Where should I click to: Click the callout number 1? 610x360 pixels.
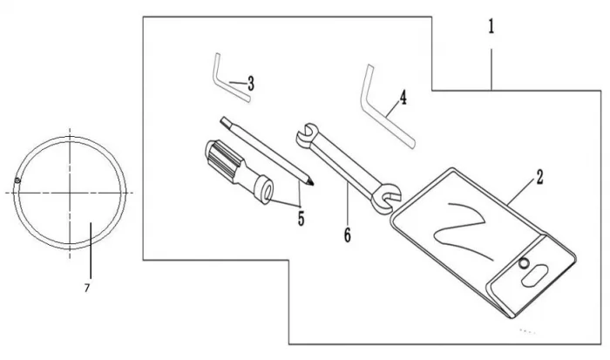coord(491,27)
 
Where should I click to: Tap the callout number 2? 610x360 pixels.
coord(539,178)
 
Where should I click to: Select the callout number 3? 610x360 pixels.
coord(251,84)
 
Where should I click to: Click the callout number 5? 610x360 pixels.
coord(301,218)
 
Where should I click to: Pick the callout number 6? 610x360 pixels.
coord(347,234)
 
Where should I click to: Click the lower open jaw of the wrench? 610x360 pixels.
coord(383,201)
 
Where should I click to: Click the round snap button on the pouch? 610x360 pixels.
coord(524,264)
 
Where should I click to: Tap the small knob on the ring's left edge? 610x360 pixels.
coord(17,180)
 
